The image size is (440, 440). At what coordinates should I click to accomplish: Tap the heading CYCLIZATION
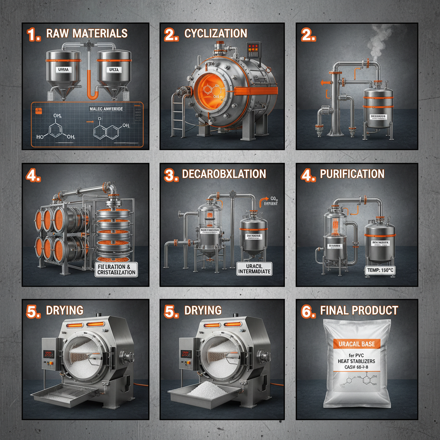coord(215,34)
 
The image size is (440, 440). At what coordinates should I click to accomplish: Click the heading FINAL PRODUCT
coord(359,311)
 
